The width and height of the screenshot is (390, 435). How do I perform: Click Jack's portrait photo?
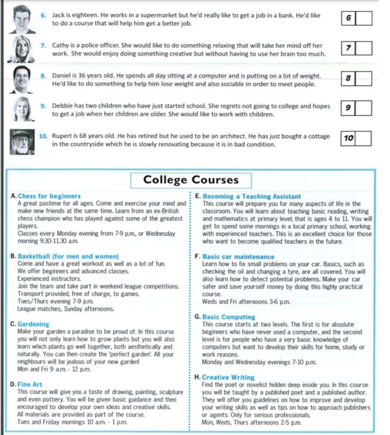click(22, 19)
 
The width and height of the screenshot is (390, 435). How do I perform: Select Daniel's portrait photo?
click(22, 79)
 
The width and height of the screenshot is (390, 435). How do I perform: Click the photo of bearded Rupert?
click(22, 142)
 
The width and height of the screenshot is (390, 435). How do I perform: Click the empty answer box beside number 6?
click(364, 18)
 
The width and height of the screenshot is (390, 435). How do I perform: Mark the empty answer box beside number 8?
click(364, 79)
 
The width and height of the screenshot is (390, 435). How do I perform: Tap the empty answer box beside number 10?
click(363, 138)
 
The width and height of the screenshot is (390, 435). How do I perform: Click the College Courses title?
click(191, 180)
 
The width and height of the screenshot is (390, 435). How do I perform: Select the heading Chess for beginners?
click(50, 196)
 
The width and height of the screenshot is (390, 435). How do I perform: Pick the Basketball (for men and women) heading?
click(69, 257)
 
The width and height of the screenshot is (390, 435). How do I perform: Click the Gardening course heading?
click(34, 324)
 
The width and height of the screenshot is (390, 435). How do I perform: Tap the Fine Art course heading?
click(30, 384)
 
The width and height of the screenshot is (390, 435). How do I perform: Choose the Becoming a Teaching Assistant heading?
click(252, 197)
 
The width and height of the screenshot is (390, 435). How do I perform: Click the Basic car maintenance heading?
click(238, 257)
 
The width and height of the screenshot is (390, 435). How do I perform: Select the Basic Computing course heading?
click(229, 317)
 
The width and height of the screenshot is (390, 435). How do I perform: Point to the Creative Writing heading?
click(228, 377)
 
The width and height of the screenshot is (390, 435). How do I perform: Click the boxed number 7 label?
click(348, 48)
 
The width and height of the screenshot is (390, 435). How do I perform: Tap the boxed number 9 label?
click(348, 108)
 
